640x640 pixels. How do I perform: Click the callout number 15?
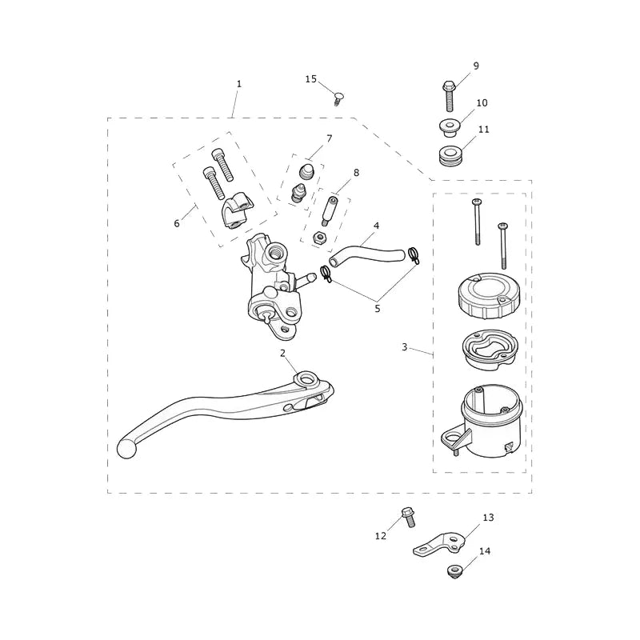(x=311, y=78)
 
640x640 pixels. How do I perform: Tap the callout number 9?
(x=476, y=66)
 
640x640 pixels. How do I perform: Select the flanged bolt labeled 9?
(x=449, y=96)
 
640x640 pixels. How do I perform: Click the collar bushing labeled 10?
(x=450, y=127)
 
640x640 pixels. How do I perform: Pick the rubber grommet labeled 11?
(x=450, y=157)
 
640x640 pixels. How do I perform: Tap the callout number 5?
(x=377, y=309)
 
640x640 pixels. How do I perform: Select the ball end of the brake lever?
(x=126, y=449)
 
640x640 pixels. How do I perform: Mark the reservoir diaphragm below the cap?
(x=490, y=350)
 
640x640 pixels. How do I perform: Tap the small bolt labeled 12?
(x=408, y=517)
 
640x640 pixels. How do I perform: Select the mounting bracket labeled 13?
(x=438, y=544)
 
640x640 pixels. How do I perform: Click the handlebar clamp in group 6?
(x=237, y=210)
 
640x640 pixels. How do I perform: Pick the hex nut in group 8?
(x=318, y=238)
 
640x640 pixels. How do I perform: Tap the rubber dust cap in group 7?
(x=306, y=171)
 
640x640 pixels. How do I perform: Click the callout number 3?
(x=405, y=347)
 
